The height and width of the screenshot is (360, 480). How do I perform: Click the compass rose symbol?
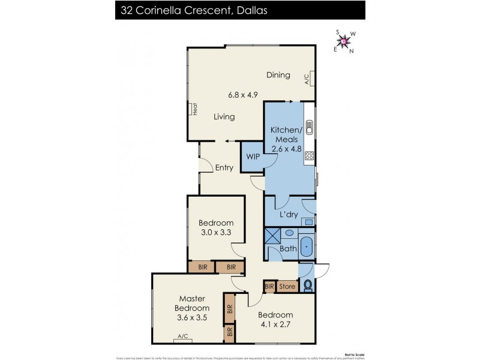click(x=344, y=41)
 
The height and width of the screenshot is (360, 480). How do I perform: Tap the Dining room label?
click(x=279, y=75)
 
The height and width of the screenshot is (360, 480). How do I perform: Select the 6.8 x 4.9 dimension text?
click(x=242, y=95)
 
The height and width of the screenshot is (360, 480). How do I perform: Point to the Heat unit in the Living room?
click(x=195, y=109)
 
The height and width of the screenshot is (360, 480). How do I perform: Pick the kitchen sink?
click(x=310, y=127)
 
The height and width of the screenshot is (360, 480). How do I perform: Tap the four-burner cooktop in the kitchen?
click(x=310, y=156)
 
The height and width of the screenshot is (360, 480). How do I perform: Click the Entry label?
click(x=224, y=168)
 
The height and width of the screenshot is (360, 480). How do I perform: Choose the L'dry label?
click(x=289, y=215)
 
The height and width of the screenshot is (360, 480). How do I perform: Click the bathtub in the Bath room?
click(x=306, y=245)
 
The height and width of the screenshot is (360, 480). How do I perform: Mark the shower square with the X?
click(x=272, y=235)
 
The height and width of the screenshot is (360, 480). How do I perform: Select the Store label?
click(x=287, y=287)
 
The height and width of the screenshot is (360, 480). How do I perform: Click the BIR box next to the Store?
click(x=269, y=287)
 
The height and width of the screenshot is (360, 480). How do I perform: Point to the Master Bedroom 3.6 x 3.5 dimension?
click(x=192, y=318)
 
